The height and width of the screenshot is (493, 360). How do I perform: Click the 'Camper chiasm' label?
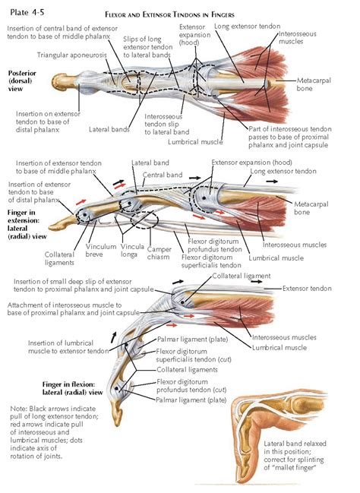tap(158, 251)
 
